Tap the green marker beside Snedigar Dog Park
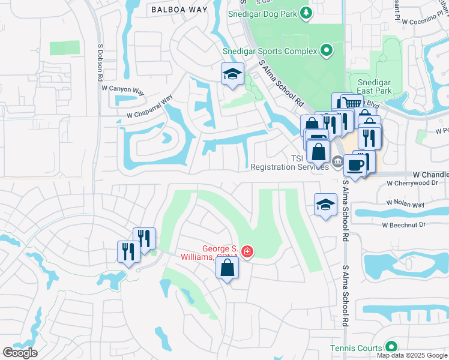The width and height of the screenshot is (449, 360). point(306,13)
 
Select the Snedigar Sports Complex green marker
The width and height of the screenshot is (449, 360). point(327,51)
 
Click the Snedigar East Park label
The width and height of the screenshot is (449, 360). point(374,86)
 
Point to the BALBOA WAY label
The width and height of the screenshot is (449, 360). point(179,10)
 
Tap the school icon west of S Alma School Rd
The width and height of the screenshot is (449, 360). point(325,205)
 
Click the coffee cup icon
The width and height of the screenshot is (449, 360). point(355,165)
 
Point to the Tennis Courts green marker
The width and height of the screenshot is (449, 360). point(391,347)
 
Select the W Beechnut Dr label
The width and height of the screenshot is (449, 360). point(403,224)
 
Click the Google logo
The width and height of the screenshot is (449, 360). point(20,353)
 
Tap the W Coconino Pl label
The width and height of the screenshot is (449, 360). point(422,22)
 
